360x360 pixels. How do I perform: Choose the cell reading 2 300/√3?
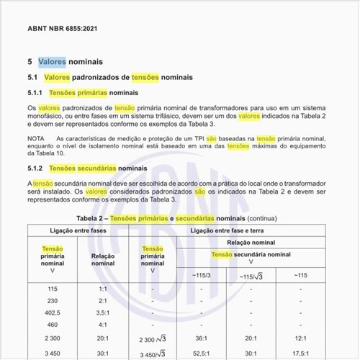[x=150, y=338]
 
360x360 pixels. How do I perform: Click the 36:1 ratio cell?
[x=202, y=338]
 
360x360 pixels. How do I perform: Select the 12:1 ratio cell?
[x=301, y=338]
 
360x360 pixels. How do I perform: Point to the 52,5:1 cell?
[x=202, y=353]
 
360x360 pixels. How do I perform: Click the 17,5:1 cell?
[x=301, y=353]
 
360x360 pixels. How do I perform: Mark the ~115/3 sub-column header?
[x=201, y=275]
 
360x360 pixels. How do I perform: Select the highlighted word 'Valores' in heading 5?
[x=52, y=62]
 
